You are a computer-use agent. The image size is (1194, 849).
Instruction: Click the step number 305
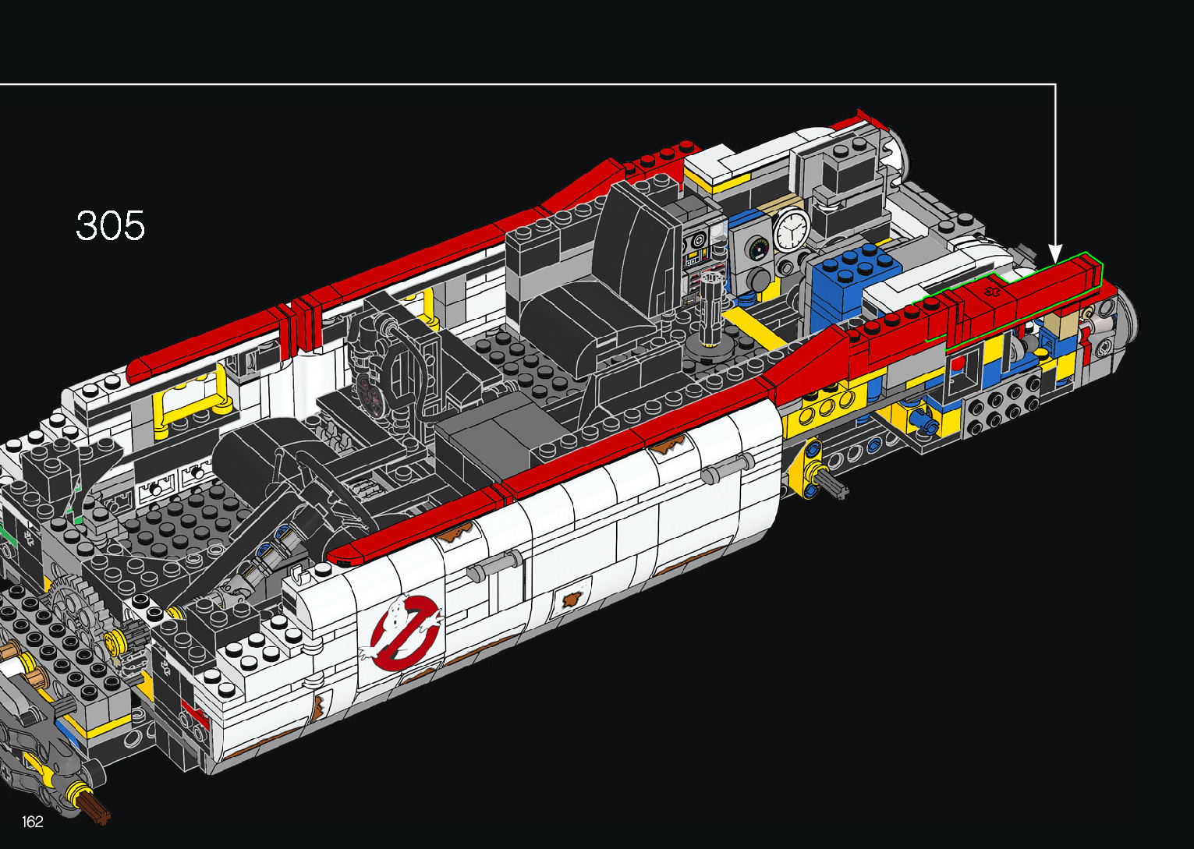pos(110,225)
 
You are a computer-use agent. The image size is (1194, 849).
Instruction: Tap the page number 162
pos(33,821)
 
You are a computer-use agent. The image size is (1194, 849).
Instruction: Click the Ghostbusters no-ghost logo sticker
pos(404,632)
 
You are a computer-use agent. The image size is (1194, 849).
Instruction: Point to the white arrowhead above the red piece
pos(1055,253)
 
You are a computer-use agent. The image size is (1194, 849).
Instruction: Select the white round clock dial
pos(791,230)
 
